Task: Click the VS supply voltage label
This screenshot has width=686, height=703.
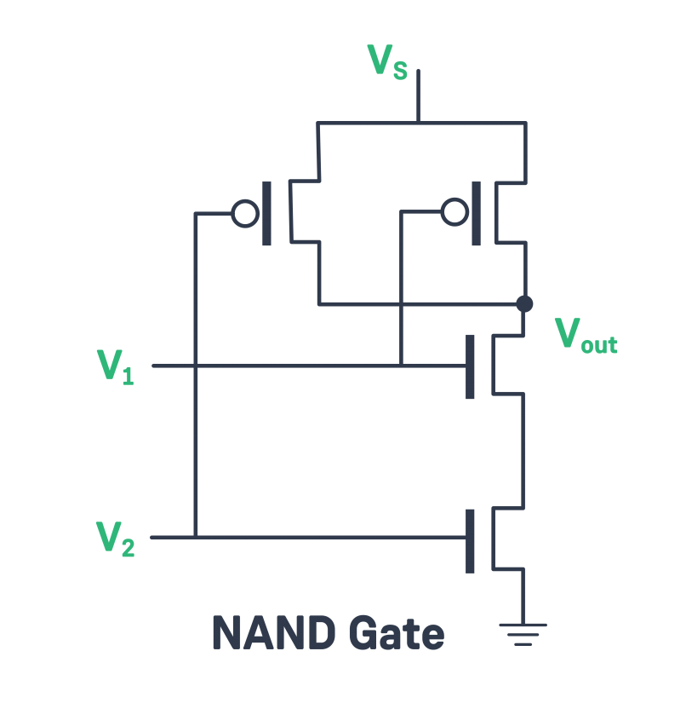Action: coord(387,61)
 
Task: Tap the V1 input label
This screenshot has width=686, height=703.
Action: coord(115,366)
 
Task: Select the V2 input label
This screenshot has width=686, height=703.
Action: coord(115,538)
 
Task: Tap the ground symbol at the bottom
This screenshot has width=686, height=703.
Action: coord(523,634)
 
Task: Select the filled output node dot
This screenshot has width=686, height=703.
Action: coord(524,303)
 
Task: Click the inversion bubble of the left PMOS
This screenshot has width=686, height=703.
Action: coord(245,213)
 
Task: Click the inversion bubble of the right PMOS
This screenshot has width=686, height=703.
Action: coord(454,211)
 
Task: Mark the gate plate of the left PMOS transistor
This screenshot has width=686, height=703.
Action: coord(267,213)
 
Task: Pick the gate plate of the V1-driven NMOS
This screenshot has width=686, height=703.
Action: coord(470,366)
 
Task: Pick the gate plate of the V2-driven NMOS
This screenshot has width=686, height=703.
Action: coord(470,541)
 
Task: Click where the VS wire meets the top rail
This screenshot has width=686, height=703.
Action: coord(418,123)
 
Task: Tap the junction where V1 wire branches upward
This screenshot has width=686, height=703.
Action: coord(401,366)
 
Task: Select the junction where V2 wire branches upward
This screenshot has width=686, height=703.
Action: coord(196,537)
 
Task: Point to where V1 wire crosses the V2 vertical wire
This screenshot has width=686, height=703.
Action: coord(196,366)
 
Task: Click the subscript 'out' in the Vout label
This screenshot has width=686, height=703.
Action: coord(599,344)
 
